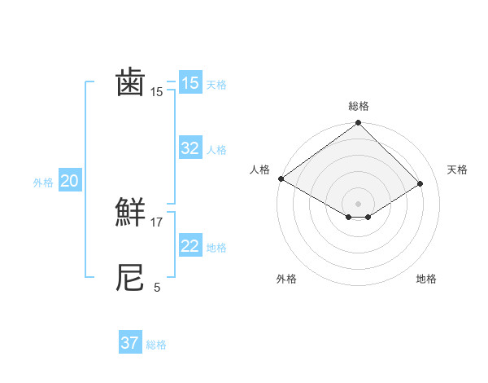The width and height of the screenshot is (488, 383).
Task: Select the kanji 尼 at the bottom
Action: (130, 278)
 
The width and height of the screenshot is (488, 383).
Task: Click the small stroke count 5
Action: (157, 287)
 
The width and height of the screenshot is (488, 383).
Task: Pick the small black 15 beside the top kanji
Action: (157, 92)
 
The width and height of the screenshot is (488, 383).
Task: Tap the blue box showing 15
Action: (190, 83)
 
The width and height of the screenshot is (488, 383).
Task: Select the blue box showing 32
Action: (190, 148)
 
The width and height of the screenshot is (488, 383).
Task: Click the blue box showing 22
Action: (190, 246)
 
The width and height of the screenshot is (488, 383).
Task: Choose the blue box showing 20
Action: (69, 181)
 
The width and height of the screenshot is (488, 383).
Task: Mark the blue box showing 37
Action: (130, 343)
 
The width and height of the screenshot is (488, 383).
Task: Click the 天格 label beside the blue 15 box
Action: (216, 85)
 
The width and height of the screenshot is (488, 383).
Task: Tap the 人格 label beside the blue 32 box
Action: (216, 150)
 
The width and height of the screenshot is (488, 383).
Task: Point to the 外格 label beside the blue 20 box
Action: (43, 183)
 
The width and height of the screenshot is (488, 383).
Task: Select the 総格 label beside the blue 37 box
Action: (156, 345)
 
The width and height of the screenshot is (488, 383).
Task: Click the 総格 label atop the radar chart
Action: (359, 106)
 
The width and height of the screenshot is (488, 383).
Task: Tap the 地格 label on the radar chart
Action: (426, 279)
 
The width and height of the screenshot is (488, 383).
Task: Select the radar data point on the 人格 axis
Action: (281, 178)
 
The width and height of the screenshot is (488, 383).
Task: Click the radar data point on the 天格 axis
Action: (420, 184)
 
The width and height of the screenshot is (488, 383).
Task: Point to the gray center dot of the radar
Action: (358, 203)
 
